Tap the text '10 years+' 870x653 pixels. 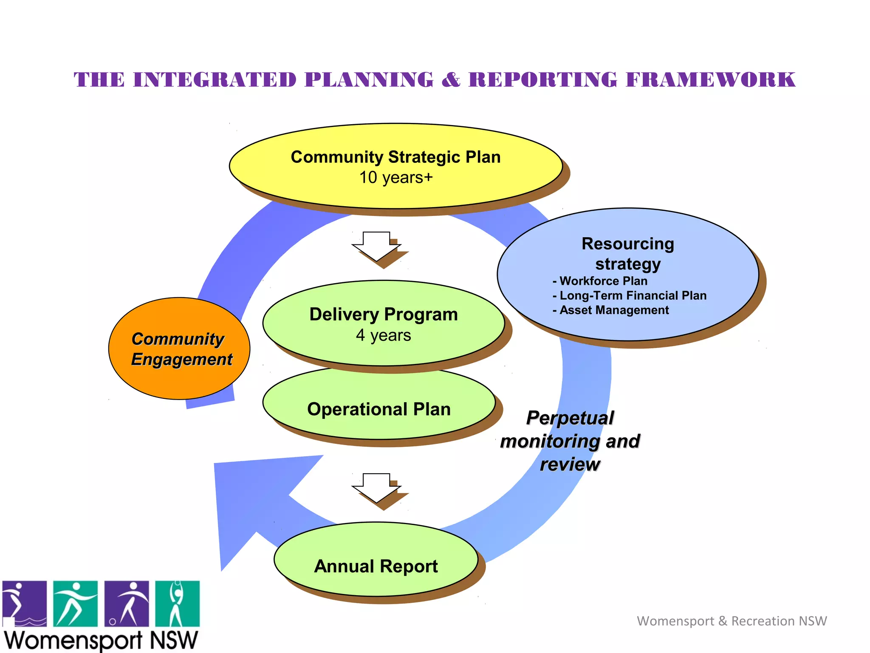click(395, 178)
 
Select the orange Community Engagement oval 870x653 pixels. click(179, 374)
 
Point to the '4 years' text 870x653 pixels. click(383, 335)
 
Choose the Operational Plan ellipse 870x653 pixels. click(379, 409)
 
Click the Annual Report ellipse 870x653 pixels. click(376, 566)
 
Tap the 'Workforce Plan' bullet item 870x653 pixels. click(603, 281)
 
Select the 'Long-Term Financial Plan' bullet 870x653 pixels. click(633, 295)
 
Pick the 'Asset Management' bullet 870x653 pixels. click(614, 310)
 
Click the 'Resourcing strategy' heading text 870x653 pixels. click(628, 254)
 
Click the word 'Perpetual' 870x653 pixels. click(570, 417)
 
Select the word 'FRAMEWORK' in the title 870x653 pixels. click(710, 80)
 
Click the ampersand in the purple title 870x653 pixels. click(451, 80)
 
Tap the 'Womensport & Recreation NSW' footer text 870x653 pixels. click(732, 621)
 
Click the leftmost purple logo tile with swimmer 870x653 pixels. click(25, 604)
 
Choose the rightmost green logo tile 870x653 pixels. click(177, 604)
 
